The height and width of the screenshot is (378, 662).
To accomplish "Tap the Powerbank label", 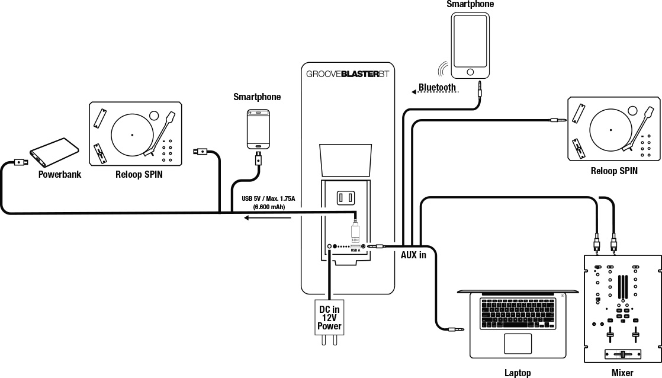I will point(59,174).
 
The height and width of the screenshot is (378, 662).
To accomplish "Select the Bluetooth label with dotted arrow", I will point(437,88).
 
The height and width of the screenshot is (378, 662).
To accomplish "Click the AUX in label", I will point(413,255).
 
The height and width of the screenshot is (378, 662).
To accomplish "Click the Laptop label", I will point(517,372).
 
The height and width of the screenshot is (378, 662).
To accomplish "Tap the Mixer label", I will point(622,372).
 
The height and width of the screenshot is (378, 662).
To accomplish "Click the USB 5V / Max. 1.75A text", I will point(268,198).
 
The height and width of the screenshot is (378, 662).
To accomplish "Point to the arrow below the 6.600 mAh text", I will point(268,218).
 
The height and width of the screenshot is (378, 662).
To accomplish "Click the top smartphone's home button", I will point(470,72).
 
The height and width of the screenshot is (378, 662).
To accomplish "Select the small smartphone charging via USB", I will point(259,129).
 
